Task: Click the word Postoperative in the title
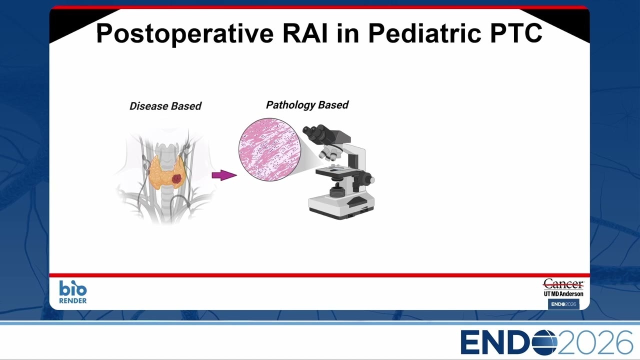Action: pyautogui.click(x=185, y=33)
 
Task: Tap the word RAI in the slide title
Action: pyautogui.click(x=305, y=33)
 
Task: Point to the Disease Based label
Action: pyautogui.click(x=165, y=106)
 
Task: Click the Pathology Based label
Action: pyautogui.click(x=307, y=105)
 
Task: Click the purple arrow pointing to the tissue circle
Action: pyautogui.click(x=224, y=175)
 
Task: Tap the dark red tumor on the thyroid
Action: pyautogui.click(x=177, y=179)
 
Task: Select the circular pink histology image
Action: pyautogui.click(x=269, y=149)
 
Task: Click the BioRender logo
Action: pyautogui.click(x=73, y=291)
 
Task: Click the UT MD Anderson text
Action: pyautogui.click(x=563, y=293)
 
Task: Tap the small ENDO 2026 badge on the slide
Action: pyautogui.click(x=563, y=304)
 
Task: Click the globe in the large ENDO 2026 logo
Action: pyautogui.click(x=544, y=342)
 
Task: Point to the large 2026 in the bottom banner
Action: pyautogui.click(x=595, y=342)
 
